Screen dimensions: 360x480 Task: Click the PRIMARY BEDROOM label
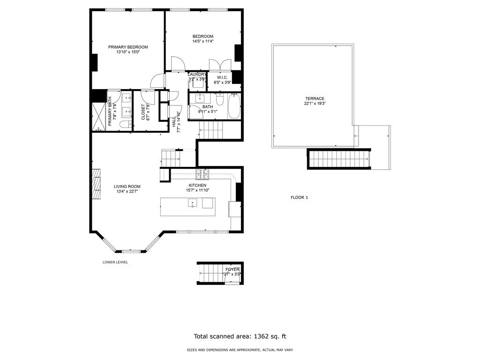pyautogui.click(x=128, y=47)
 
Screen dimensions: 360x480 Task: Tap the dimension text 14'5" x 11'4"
pyautogui.click(x=203, y=42)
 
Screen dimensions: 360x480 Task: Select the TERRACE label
pyautogui.click(x=314, y=98)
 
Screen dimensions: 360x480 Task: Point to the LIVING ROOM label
pyautogui.click(x=127, y=186)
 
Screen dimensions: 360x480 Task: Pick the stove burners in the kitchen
pyautogui.click(x=202, y=174)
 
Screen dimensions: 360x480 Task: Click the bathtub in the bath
pyautogui.click(x=234, y=107)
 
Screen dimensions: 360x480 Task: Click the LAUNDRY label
pyautogui.click(x=197, y=75)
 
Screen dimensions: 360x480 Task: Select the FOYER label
pyautogui.click(x=232, y=270)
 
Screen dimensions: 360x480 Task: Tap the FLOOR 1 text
pyautogui.click(x=299, y=197)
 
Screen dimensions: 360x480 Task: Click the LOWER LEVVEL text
pyautogui.click(x=115, y=262)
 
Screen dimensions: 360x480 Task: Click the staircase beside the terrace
pyautogui.click(x=339, y=159)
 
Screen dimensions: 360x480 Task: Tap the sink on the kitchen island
pyautogui.click(x=192, y=203)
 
